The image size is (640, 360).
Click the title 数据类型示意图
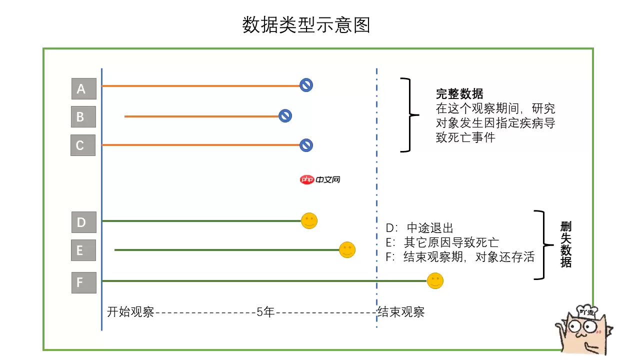tap(306, 25)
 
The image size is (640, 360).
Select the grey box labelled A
tap(83, 88)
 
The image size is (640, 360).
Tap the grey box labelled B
tap(83, 117)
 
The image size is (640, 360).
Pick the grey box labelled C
tap(83, 145)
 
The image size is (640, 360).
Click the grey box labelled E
tap(83, 250)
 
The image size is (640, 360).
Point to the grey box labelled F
tap(83, 282)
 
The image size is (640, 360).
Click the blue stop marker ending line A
tap(306, 85)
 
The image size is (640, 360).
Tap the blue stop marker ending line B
tap(285, 116)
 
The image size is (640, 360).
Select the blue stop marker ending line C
tap(306, 145)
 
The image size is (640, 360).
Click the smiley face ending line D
tap(309, 220)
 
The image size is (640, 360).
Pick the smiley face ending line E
tap(347, 249)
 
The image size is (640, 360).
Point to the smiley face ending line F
tap(435, 280)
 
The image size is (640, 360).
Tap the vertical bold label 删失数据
tap(565, 245)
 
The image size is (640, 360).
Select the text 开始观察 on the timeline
tap(130, 312)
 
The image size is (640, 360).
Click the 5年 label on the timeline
tap(265, 312)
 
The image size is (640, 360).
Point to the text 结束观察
tap(401, 312)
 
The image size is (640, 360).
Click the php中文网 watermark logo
tap(320, 179)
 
